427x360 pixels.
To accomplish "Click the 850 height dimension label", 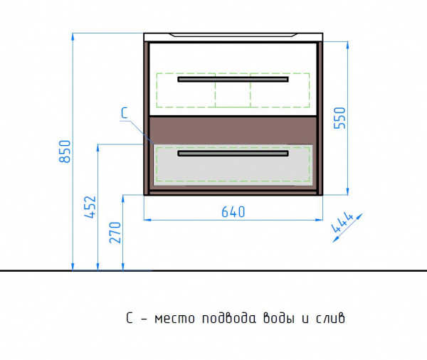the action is pos(65,152).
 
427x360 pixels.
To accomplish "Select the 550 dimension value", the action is pos(339,118).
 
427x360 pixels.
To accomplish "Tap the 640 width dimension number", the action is pos(233,212).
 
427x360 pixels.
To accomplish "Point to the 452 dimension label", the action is pos(90,207).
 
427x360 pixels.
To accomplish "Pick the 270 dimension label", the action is pos(115,232).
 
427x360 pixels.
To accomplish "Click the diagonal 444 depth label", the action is pos(342,222).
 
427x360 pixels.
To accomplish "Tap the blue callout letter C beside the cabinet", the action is pos(124,113).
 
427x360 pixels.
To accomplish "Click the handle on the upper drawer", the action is pos(233,79).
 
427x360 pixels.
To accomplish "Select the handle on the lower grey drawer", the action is pos(233,153).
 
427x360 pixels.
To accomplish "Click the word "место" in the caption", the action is pos(174,319).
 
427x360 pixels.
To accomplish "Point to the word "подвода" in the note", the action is pos(229,318).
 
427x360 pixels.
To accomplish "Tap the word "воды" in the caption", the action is pos(279,318).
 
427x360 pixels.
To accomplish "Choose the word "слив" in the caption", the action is pos(330,318).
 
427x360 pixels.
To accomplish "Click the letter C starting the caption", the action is pos(130,318).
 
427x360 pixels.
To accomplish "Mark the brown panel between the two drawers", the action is pos(233,131).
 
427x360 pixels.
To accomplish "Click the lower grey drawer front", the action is pos(233,165).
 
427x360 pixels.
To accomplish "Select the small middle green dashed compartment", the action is pos(233,90).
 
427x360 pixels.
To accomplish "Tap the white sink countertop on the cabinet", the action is pos(233,37).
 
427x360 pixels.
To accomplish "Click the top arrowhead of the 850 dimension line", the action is pos(73,36).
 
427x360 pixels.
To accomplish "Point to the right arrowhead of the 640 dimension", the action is pos(319,219).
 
